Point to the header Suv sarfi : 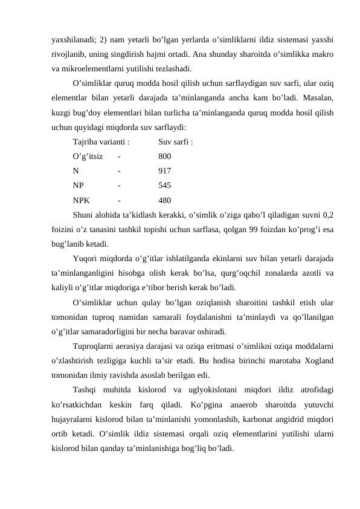pyautogui.click(x=176, y=143)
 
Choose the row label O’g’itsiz pyautogui.click(x=87, y=157)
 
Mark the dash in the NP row pyautogui.click(x=119, y=186)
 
